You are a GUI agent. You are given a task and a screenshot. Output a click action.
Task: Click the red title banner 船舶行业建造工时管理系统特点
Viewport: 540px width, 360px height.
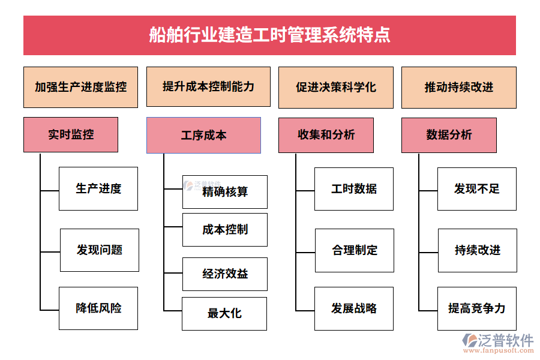pyautogui.click(x=269, y=35)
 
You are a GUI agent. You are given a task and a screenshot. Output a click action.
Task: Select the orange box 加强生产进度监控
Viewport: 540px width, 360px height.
pyautogui.click(x=80, y=87)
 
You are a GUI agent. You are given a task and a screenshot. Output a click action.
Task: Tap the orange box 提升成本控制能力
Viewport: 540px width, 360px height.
pyautogui.click(x=208, y=87)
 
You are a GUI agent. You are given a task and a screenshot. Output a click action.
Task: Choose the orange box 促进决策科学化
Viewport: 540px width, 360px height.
pyautogui.click(x=336, y=87)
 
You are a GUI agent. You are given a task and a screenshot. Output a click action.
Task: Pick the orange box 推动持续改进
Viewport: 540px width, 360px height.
pyautogui.click(x=458, y=87)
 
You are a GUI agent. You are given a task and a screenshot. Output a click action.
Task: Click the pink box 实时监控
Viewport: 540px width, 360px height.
pyautogui.click(x=71, y=134)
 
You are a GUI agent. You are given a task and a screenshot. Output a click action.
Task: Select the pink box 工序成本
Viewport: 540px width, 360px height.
pyautogui.click(x=203, y=135)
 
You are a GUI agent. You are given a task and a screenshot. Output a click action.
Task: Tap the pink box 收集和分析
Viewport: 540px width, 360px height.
pyautogui.click(x=326, y=135)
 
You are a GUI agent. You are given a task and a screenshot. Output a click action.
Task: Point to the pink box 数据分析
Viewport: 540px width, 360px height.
pyautogui.click(x=449, y=135)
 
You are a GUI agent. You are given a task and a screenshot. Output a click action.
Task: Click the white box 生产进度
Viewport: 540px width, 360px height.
pyautogui.click(x=98, y=188)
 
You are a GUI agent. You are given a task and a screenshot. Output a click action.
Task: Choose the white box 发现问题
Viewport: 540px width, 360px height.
pyautogui.click(x=99, y=250)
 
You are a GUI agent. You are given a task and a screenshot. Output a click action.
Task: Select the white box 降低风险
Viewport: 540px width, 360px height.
pyautogui.click(x=98, y=308)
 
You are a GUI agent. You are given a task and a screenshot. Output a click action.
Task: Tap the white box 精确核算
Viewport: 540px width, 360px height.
pyautogui.click(x=225, y=192)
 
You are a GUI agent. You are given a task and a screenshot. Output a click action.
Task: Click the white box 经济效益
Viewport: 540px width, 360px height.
pyautogui.click(x=225, y=274)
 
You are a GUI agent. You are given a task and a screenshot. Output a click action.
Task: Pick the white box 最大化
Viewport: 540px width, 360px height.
pyautogui.click(x=224, y=313)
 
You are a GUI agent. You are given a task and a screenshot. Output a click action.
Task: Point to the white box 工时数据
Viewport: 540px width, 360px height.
pyautogui.click(x=354, y=188)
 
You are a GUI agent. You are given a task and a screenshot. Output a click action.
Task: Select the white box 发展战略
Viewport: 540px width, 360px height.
pyautogui.click(x=354, y=308)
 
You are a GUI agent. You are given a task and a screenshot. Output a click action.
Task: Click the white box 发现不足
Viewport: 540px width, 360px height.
pyautogui.click(x=477, y=188)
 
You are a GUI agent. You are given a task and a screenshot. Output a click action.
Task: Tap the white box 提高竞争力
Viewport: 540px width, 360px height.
pyautogui.click(x=477, y=308)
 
